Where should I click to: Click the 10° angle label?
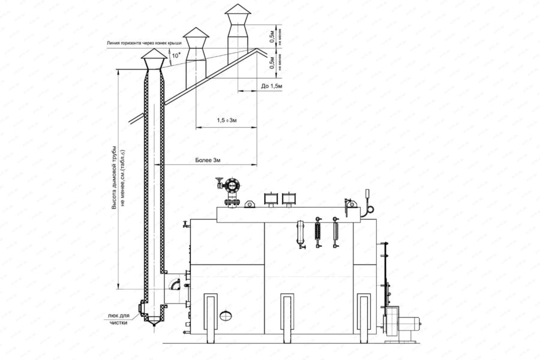click(175, 59)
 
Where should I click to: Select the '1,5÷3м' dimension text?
click(227, 121)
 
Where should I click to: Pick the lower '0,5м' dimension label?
click(272, 62)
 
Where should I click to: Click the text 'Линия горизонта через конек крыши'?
click(137, 43)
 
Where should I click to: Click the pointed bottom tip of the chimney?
click(154, 325)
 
